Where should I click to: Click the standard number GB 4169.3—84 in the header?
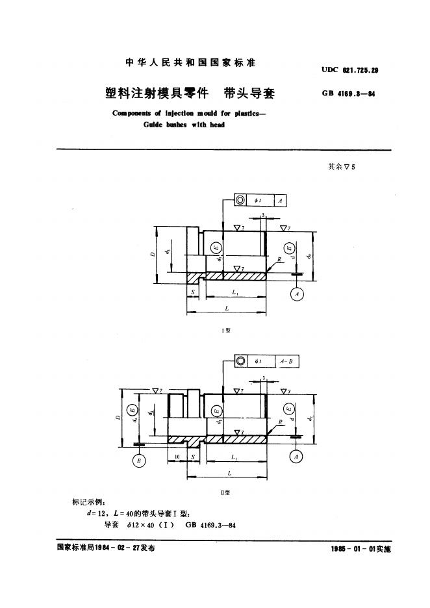(349, 94)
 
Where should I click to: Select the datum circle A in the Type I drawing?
(297, 294)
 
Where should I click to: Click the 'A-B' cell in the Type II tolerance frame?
(286, 361)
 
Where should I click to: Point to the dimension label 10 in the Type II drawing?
(177, 457)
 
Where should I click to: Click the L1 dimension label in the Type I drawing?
(234, 294)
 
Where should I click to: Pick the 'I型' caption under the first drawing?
(227, 331)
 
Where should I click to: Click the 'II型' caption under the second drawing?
(227, 493)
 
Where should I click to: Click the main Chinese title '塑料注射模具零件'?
(156, 92)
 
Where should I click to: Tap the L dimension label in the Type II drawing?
(229, 474)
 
